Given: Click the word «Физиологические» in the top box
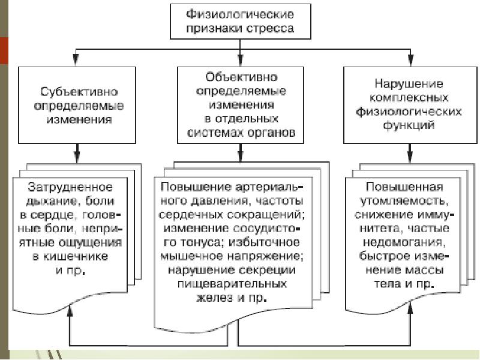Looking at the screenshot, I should (239, 13).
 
